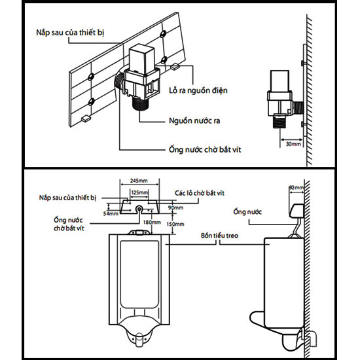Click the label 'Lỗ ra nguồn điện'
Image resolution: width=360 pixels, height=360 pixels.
198,90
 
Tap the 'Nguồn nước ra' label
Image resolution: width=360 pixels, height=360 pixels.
194,121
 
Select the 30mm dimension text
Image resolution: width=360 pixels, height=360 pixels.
293,144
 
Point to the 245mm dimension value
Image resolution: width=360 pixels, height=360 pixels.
139,181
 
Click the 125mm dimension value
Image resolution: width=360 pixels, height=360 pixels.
139,192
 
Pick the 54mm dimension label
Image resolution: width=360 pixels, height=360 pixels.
111,213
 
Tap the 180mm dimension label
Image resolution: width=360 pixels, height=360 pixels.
152,223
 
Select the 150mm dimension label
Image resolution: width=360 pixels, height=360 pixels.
175,224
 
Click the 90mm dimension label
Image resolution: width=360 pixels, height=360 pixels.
175,207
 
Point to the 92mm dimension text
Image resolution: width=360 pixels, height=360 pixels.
296,188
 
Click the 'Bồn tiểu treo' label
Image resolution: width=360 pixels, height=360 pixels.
219,236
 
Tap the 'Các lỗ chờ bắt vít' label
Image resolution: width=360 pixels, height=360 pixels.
200,193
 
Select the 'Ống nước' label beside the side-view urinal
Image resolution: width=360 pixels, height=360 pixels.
247,211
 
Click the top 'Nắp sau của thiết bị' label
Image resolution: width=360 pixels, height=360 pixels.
70,32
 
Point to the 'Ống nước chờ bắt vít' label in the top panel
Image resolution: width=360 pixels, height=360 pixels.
205,150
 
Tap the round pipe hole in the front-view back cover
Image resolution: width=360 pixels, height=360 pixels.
139,209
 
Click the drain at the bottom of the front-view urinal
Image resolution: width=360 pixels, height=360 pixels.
139,339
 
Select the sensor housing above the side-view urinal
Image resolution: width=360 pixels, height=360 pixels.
297,211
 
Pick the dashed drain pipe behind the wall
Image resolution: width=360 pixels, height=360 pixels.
312,338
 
